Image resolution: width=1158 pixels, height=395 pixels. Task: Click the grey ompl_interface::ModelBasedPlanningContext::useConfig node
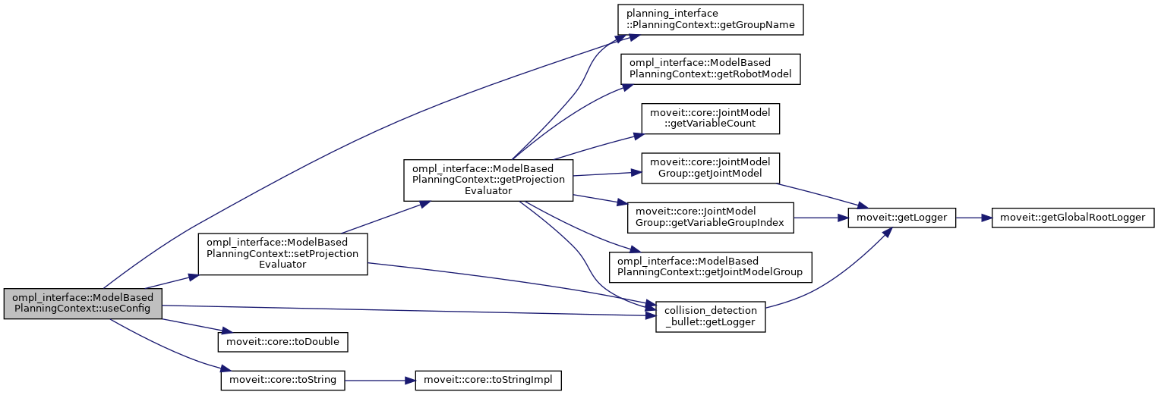coord(83,303)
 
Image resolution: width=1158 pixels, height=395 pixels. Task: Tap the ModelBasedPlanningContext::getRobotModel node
coord(710,68)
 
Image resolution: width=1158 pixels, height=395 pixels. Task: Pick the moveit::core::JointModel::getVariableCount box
coord(710,118)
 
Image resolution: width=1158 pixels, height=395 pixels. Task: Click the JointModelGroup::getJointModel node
coord(710,168)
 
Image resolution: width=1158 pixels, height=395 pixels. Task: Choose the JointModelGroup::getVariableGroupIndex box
coord(710,217)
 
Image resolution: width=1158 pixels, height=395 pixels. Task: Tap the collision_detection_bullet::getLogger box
coord(710,316)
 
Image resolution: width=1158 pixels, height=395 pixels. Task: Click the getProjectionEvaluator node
coord(488,180)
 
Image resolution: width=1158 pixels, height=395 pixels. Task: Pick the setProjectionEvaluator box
coord(282,253)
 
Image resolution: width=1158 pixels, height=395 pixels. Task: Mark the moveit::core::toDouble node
coord(282,342)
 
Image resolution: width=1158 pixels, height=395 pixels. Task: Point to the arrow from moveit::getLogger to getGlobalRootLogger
coord(973,218)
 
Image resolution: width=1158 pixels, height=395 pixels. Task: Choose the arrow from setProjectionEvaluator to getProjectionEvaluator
coord(383,218)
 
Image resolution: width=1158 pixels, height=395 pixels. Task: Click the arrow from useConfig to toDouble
coord(190,326)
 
